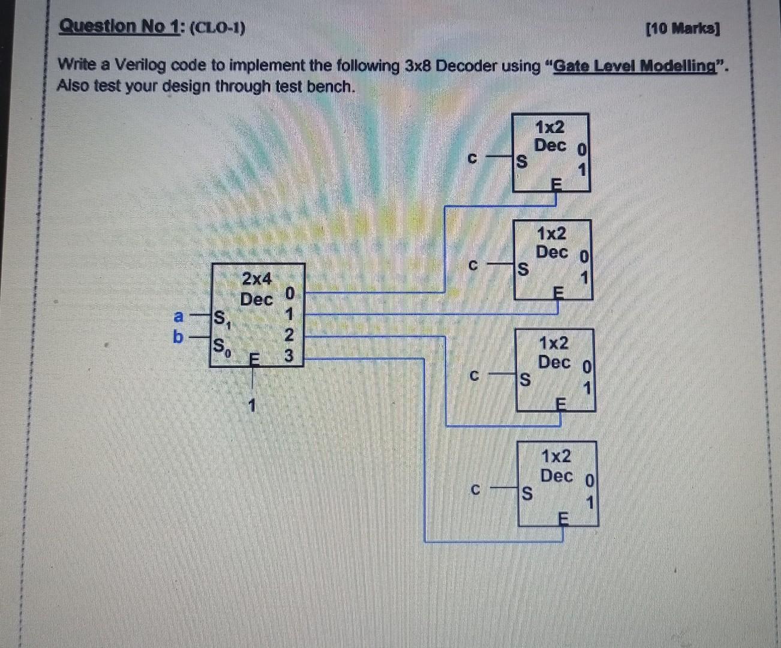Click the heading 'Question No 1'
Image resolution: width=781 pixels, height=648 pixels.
pos(119,27)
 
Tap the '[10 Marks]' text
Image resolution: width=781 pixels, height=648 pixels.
pos(683,29)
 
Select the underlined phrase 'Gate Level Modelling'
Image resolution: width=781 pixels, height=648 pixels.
pos(634,66)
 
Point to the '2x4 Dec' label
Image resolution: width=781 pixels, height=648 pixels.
pos(256,289)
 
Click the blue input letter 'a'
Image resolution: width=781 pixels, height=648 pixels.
pos(178,316)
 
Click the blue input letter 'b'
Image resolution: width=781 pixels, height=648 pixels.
pos(178,337)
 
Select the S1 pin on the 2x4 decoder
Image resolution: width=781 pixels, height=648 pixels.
pos(221,317)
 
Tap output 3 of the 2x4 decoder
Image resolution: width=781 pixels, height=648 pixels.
pos(289,356)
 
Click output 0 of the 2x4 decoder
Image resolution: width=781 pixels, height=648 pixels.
pos(290,293)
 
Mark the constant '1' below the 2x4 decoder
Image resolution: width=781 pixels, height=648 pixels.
pos(252,406)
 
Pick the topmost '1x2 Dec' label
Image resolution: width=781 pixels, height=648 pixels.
pos(549,137)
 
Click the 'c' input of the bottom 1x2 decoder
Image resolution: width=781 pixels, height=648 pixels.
pos(475,490)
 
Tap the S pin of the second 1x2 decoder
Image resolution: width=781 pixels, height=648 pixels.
pos(523,269)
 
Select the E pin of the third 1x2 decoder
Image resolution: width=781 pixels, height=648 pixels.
pos(560,404)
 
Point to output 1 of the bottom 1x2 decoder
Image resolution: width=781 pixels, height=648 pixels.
pos(590,502)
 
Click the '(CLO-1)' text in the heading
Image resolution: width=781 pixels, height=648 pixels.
pos(217,28)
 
